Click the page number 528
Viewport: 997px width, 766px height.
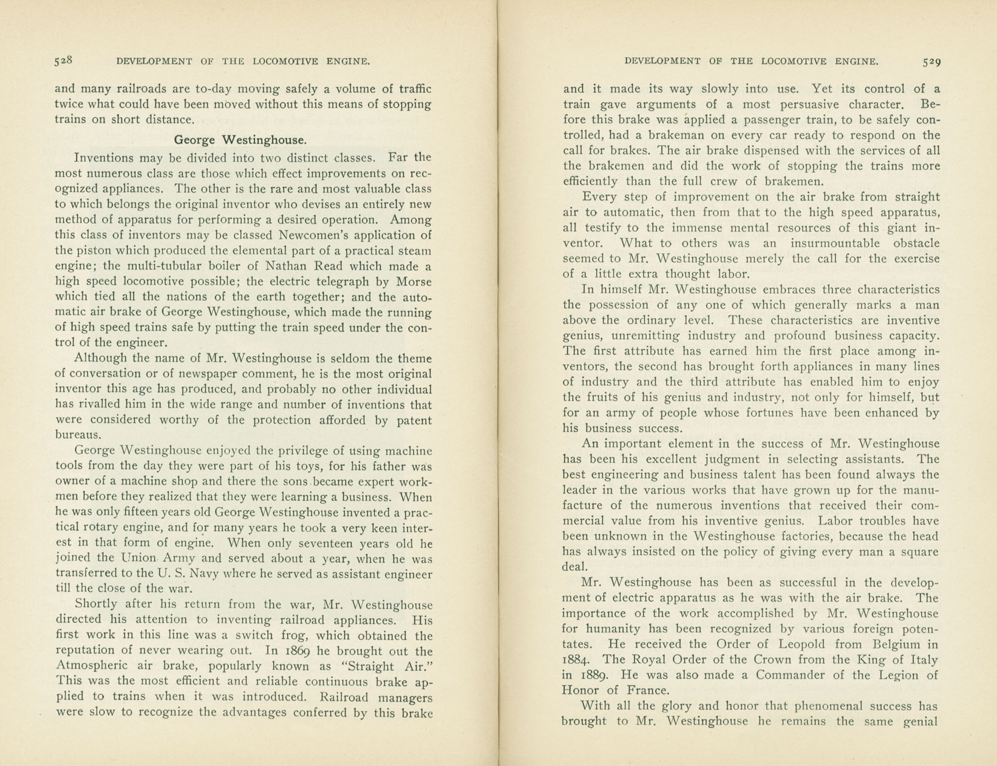coord(63,60)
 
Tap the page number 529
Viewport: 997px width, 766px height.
coord(931,61)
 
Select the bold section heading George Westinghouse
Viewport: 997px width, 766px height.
coord(240,140)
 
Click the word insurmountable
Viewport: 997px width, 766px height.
coord(834,243)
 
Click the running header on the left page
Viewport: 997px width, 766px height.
coord(243,61)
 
